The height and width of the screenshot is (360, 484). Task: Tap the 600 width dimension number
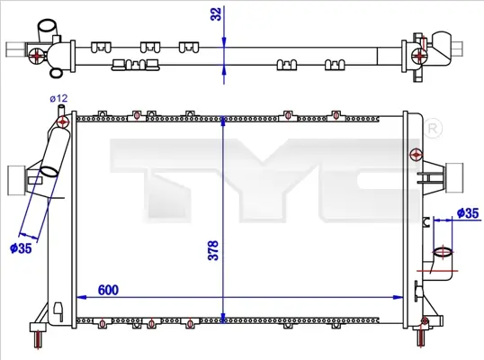tap(108, 290)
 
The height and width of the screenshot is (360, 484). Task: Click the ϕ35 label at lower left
tap(21, 248)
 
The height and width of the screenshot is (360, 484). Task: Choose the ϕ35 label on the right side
tap(468, 213)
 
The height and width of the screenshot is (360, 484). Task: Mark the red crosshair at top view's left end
tap(35, 55)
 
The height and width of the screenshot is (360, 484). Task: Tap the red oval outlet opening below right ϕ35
tap(442, 252)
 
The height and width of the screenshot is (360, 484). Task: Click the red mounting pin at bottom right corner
tap(420, 338)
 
